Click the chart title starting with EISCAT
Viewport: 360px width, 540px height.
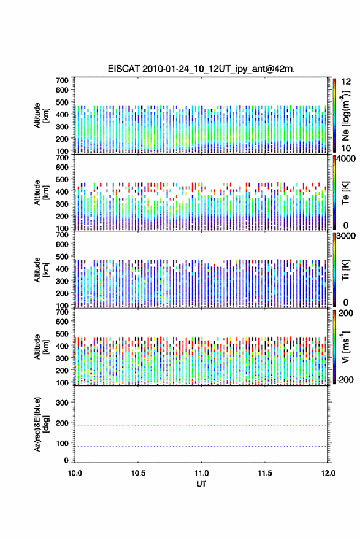tap(201, 69)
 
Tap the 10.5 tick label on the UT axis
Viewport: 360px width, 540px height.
tap(138, 473)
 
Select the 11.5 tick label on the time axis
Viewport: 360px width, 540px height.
tap(265, 473)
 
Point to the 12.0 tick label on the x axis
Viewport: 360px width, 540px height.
tap(328, 473)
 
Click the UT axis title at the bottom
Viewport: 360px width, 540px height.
tap(201, 484)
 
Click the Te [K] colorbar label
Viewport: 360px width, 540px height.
tap(345, 193)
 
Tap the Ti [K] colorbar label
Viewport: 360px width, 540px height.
tap(345, 270)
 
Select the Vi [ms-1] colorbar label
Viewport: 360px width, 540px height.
tap(345, 347)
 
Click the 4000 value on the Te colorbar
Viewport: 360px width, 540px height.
tap(346, 159)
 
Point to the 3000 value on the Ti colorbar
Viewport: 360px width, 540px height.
tap(346, 236)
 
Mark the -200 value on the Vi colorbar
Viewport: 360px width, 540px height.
tap(344, 379)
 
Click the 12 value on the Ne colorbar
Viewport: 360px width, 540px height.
tap(345, 82)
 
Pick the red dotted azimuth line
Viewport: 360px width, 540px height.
tap(201, 425)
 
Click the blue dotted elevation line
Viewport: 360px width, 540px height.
tap(201, 446)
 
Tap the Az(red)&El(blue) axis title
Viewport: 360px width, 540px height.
tap(40, 424)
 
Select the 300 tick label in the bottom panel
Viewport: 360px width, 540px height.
tap(62, 403)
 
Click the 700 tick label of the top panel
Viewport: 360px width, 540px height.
tap(62, 80)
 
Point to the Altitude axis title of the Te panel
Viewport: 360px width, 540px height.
tap(40, 193)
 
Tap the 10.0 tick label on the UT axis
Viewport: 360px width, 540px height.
tap(75, 473)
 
